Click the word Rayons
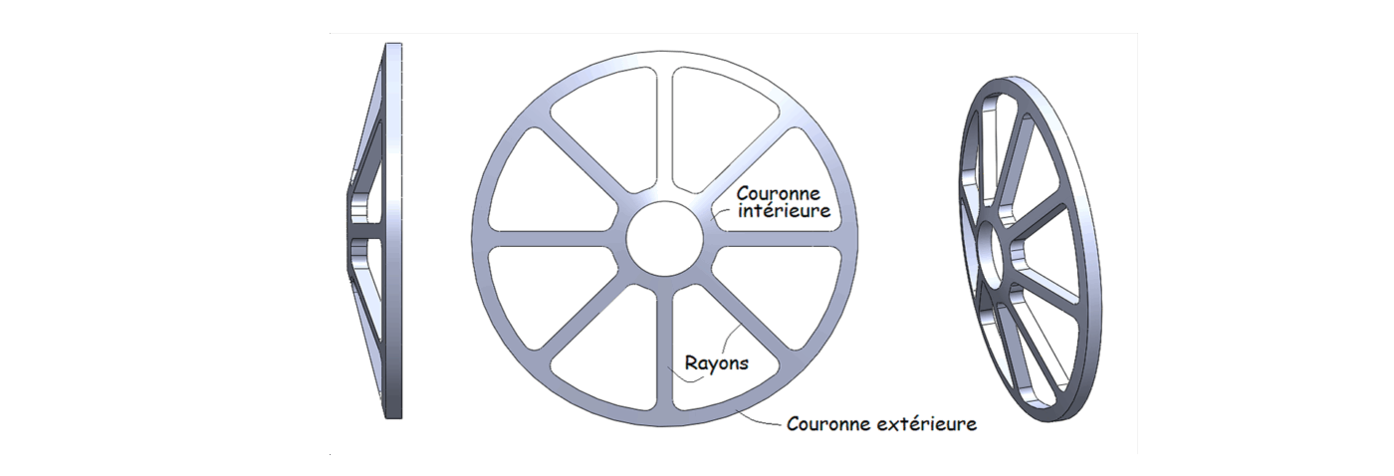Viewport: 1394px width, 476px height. tap(716, 363)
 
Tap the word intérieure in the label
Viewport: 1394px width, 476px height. tap(783, 211)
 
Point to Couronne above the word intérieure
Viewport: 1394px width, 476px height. tap(778, 192)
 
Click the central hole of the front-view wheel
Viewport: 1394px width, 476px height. tap(664, 239)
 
